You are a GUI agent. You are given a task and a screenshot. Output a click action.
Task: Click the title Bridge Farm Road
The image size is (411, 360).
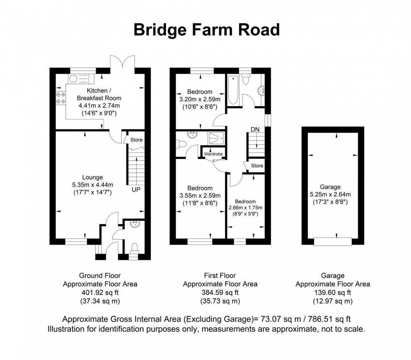pyautogui.click(x=206, y=30)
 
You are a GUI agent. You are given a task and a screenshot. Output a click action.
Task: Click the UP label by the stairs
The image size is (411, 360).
pyautogui.click(x=136, y=189)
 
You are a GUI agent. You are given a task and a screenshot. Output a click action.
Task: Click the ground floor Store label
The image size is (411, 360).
pyautogui.click(x=136, y=140)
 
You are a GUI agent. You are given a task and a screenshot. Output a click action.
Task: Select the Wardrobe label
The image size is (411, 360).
pyautogui.click(x=213, y=154)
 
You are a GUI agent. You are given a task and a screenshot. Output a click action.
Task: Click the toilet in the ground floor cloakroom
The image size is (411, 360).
pyautogui.click(x=134, y=248)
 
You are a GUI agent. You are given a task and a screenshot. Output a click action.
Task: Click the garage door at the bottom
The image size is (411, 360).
pyautogui.click(x=333, y=241)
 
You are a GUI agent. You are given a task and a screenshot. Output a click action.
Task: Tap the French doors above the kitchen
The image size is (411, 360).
pyautogui.click(x=122, y=63)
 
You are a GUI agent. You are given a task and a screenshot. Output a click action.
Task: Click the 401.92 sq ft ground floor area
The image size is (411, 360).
pyautogui.click(x=100, y=293)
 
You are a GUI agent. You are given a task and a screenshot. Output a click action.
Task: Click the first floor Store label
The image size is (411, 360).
pyautogui.click(x=257, y=166)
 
